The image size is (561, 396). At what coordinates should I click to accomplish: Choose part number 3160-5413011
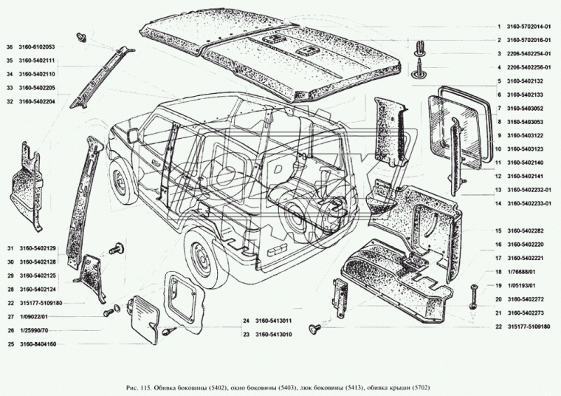[274, 321]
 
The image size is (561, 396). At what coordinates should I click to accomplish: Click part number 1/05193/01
[517, 285]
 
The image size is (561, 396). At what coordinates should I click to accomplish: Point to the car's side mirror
[134, 136]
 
